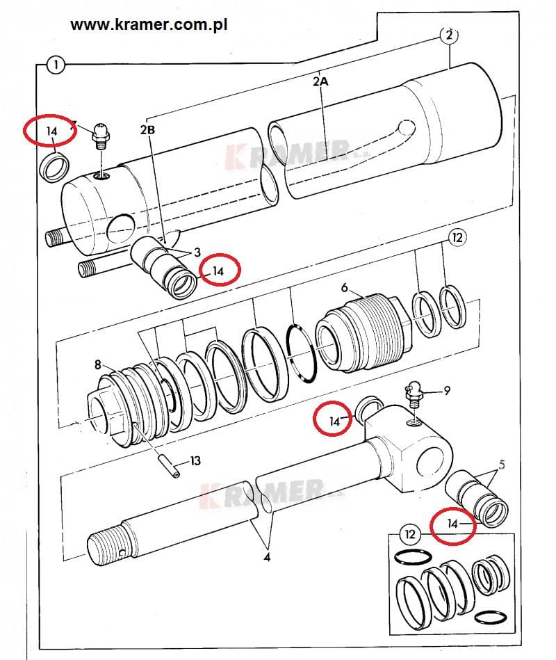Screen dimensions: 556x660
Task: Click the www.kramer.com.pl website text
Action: click(x=149, y=25)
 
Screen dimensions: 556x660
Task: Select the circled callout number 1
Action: click(x=56, y=65)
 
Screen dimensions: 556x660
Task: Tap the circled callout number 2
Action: click(x=449, y=35)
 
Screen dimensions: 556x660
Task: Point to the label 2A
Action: click(x=320, y=81)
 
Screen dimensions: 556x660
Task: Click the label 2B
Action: click(x=147, y=129)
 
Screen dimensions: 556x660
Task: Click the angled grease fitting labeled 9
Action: click(x=414, y=392)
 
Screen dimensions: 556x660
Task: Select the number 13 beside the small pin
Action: click(x=195, y=461)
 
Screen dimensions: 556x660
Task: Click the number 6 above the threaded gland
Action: click(x=345, y=287)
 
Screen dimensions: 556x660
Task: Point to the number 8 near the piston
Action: click(x=98, y=364)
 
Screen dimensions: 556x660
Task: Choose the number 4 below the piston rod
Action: click(x=267, y=558)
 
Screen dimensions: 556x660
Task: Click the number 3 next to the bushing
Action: click(x=197, y=252)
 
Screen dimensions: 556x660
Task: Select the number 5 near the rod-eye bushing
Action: click(x=501, y=465)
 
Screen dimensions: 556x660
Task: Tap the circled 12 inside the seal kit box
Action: click(x=409, y=535)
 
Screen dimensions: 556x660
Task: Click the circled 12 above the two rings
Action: click(x=457, y=238)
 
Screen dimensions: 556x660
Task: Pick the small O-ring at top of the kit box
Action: click(x=414, y=556)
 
